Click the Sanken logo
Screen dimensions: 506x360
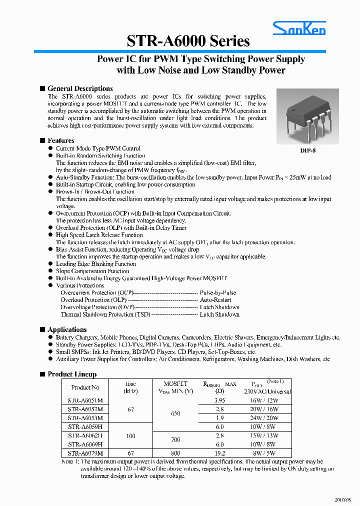tap(299, 29)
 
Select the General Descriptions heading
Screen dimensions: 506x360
tap(80, 88)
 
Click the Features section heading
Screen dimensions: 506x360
tap(60, 140)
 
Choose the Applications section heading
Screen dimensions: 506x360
tap(67, 329)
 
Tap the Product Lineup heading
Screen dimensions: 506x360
tap(71, 374)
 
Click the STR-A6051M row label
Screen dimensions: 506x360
tap(85, 400)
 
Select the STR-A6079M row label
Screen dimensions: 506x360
tap(85, 453)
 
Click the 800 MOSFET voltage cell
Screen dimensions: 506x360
tap(175, 453)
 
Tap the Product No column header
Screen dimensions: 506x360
tap(85, 387)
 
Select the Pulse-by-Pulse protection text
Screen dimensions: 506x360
tap(217, 292)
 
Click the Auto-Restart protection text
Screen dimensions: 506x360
tap(215, 300)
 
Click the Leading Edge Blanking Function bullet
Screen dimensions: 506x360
tap(96, 264)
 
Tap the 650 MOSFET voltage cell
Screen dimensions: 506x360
tap(175, 413)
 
